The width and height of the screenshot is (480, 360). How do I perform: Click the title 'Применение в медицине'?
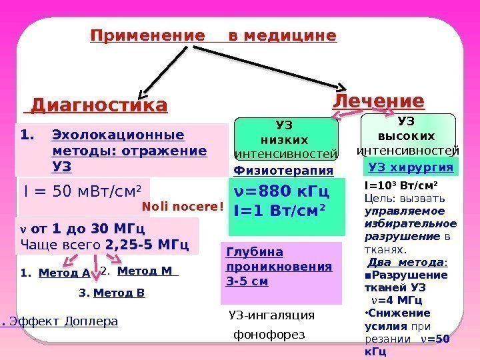(x=213, y=35)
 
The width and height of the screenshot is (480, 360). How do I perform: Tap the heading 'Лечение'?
(x=378, y=101)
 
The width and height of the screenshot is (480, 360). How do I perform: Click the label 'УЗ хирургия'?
(x=411, y=167)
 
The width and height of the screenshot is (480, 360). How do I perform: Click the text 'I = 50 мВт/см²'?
(x=83, y=193)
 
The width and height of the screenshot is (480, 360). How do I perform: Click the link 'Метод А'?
(x=64, y=272)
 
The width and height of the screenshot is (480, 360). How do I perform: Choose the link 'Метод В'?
(x=119, y=292)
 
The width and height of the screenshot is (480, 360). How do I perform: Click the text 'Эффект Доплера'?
(x=64, y=322)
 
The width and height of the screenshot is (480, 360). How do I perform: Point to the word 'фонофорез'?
(x=268, y=333)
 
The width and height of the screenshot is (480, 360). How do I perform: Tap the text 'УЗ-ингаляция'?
(x=271, y=315)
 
